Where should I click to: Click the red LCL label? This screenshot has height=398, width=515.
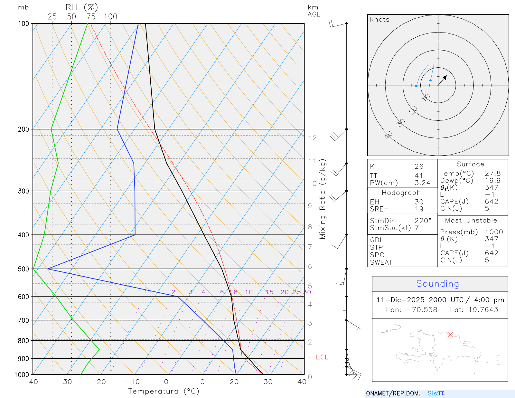[322, 357]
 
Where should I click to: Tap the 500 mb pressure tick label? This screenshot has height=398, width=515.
[23, 269]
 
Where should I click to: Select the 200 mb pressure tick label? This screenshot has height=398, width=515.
[23, 129]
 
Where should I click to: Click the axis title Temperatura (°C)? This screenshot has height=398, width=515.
[164, 391]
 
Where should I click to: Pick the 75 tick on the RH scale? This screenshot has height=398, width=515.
[91, 17]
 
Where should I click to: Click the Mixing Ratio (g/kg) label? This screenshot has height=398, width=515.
[323, 199]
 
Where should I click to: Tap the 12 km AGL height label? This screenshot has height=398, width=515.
[312, 138]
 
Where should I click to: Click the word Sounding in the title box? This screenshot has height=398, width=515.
[437, 284]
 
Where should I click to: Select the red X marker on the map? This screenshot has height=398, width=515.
[450, 335]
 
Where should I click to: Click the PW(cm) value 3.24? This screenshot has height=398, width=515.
[422, 183]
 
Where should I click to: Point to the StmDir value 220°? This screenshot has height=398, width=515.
[423, 221]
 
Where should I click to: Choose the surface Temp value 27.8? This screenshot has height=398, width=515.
[492, 173]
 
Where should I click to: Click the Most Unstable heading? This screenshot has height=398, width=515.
[471, 220]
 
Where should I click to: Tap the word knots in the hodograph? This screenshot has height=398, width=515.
[379, 20]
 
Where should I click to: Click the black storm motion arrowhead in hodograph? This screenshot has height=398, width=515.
[445, 78]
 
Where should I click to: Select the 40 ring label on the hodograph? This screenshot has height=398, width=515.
[389, 135]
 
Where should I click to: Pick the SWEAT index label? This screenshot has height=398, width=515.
[381, 262]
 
